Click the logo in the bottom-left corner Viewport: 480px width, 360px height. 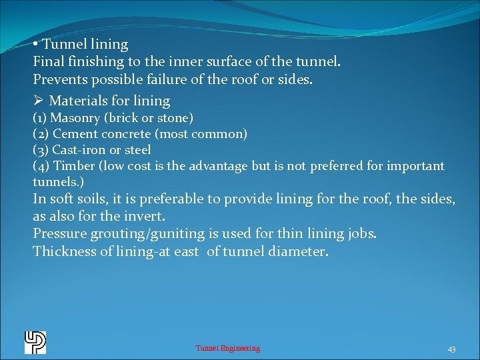tap(35, 342)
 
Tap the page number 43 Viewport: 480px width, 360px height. tap(451, 349)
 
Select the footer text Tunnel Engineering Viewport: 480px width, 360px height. tap(228, 348)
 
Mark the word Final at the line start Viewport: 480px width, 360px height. tap(49, 62)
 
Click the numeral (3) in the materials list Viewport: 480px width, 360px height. tap(41, 150)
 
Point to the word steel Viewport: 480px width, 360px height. tap(138, 150)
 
